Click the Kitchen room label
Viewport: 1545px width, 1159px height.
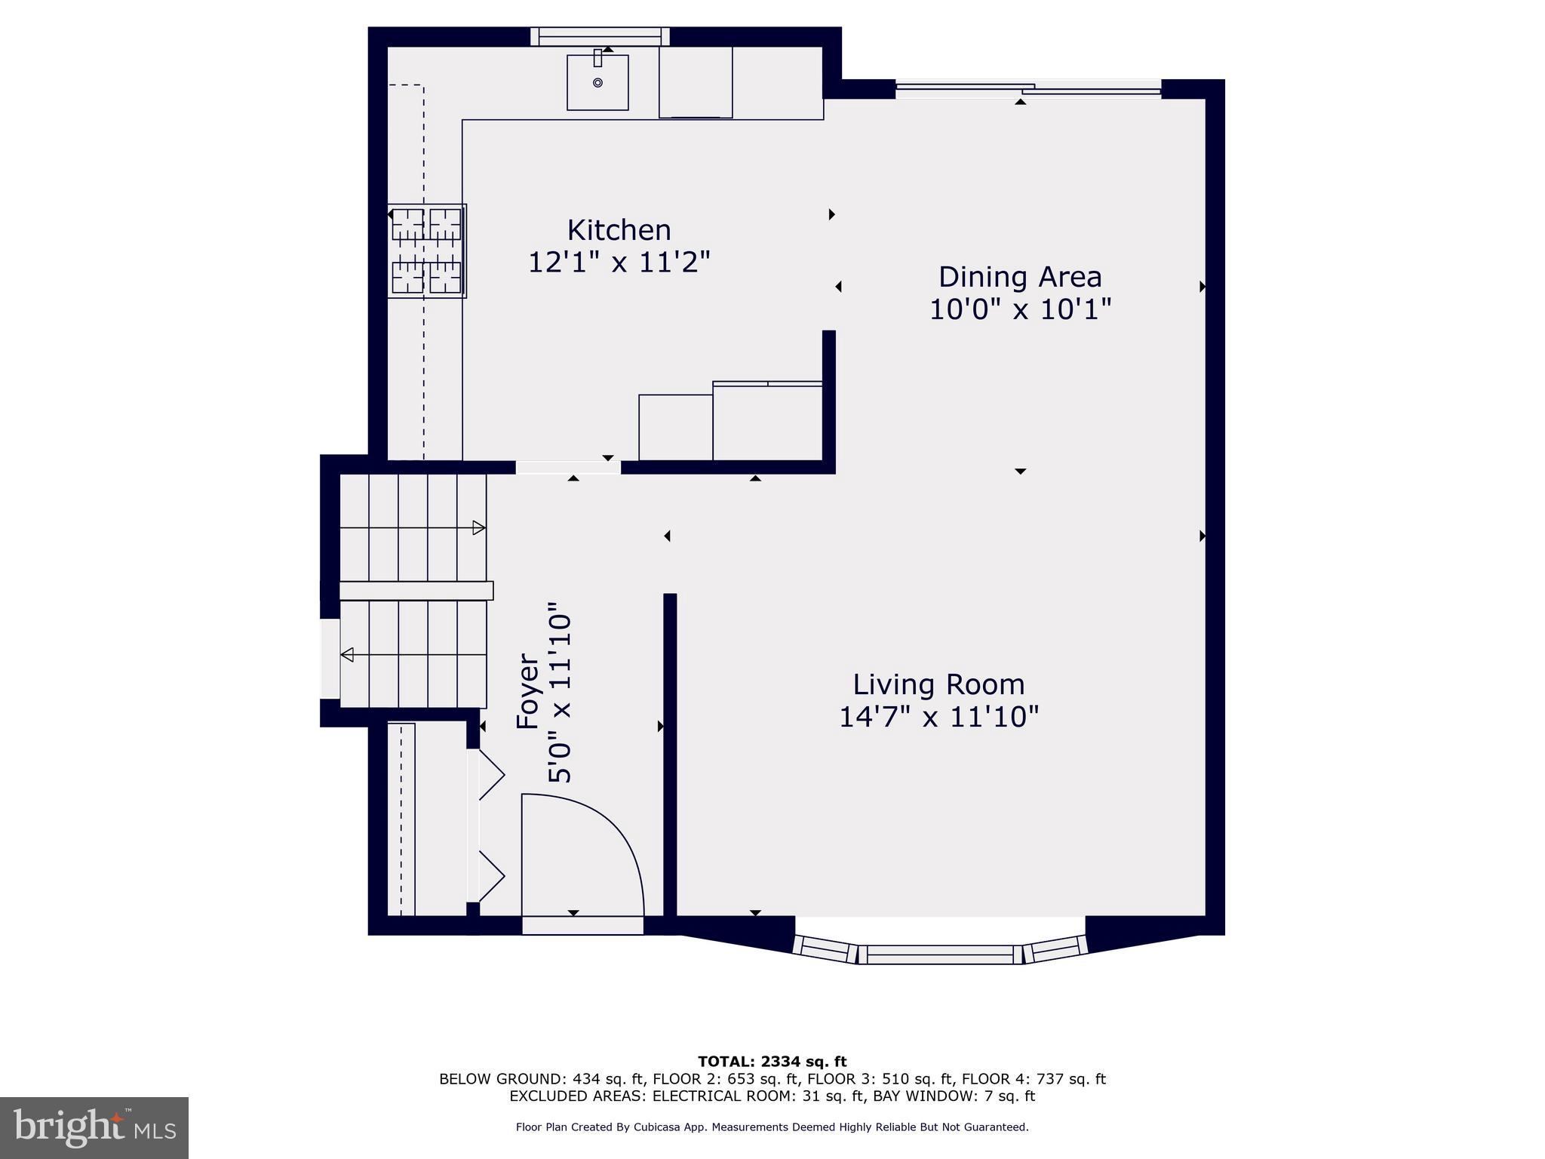tap(619, 230)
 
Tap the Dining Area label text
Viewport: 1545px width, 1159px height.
tap(1019, 277)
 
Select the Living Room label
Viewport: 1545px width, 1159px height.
tap(938, 684)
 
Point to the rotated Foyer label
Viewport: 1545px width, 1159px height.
tap(528, 692)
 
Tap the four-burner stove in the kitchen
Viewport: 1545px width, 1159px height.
tap(426, 251)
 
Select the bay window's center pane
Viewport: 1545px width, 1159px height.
tap(940, 955)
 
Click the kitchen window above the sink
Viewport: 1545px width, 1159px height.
tap(600, 36)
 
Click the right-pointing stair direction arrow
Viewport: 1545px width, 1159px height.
tap(478, 527)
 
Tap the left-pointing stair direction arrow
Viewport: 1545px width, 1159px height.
tap(347, 654)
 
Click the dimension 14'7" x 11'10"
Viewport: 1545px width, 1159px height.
tap(938, 717)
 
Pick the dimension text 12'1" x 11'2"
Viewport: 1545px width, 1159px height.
tap(619, 263)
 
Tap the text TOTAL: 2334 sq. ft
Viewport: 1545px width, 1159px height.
tap(772, 1062)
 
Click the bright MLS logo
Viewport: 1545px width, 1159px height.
tap(94, 1127)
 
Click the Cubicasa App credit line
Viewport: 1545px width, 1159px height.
tap(772, 1127)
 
